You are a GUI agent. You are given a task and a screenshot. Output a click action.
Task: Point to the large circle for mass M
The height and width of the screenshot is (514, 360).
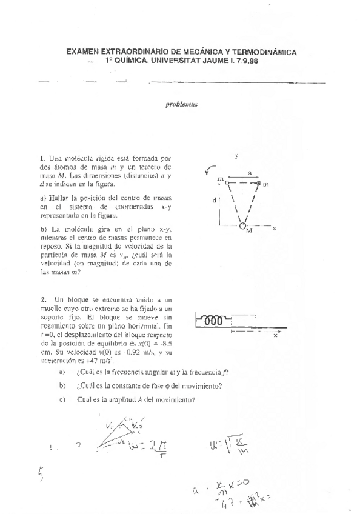[242, 226]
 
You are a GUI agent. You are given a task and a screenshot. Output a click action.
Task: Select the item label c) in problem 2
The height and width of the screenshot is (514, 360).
[62, 398]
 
